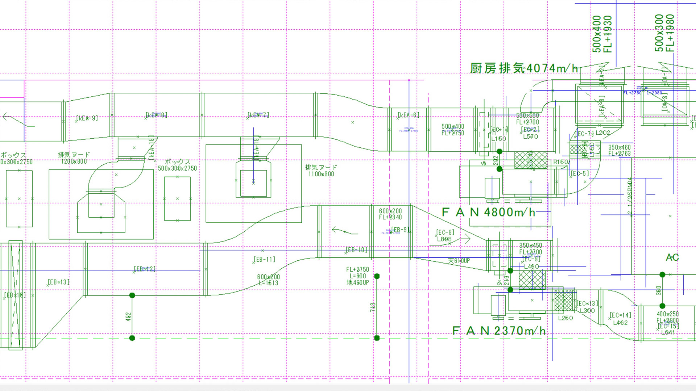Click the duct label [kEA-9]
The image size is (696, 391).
point(87,118)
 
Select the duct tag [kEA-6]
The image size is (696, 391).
point(409,115)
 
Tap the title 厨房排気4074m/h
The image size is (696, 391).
point(524,68)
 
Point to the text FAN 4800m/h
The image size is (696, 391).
point(489,212)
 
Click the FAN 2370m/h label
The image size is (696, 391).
point(499,331)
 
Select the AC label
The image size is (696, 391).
point(672,257)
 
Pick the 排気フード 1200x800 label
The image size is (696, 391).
point(74,158)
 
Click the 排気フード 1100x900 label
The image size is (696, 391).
point(321,171)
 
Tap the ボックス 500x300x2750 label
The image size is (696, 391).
point(178,165)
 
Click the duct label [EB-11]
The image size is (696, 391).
point(264,260)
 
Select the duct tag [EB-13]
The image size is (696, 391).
point(59,282)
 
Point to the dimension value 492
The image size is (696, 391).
point(128,317)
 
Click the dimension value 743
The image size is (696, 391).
point(373,307)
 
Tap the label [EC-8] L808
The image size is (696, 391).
point(445,236)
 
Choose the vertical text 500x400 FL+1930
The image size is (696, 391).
point(602,34)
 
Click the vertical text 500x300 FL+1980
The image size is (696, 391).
point(664,33)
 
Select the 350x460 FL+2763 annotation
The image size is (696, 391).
point(620,150)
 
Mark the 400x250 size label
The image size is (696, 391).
point(668,314)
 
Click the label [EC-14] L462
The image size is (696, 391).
point(620,319)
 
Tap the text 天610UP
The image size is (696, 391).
point(459,261)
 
